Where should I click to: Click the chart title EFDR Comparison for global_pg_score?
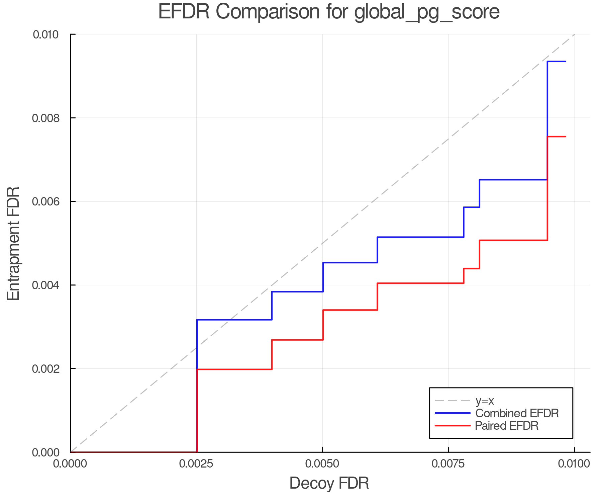pos(329,12)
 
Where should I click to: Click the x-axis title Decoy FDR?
pos(329,483)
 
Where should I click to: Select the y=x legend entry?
pos(485,401)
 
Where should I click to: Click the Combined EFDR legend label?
pos(517,413)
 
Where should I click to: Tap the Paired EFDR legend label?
pos(506,426)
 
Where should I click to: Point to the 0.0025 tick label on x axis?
pos(196,464)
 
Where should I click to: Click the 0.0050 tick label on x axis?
pos(322,464)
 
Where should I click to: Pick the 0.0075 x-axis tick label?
pos(448,464)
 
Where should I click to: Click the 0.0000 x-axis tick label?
pos(70,464)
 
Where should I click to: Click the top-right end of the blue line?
pos(565,62)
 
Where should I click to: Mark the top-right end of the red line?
pos(565,137)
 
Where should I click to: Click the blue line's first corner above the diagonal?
pos(197,320)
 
